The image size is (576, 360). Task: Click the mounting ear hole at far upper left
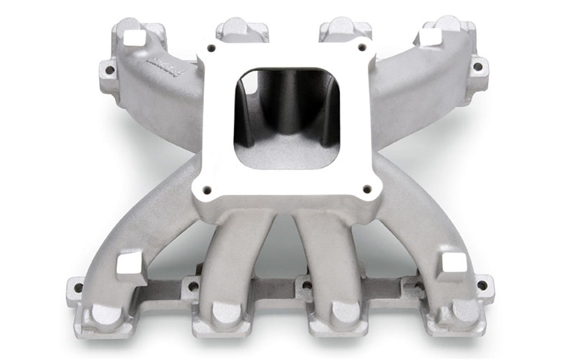coord(109,70)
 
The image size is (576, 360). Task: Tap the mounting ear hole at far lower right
coord(482,286)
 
